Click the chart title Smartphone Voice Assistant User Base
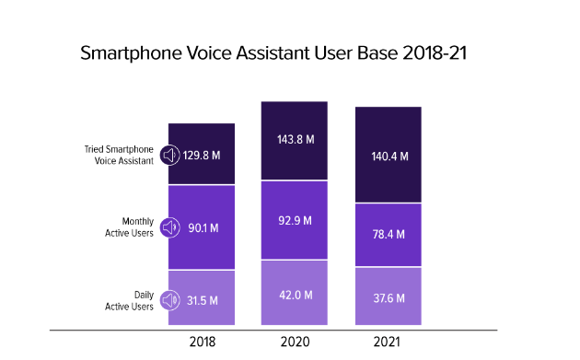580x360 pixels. [x=273, y=52]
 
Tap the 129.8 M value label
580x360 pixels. [x=202, y=156]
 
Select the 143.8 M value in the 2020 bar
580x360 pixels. [x=296, y=139]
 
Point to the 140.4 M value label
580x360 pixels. [x=389, y=157]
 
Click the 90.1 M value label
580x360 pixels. [x=203, y=228]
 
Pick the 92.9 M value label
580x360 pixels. [x=296, y=221]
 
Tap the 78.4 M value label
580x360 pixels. [x=389, y=234]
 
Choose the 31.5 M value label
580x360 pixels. [x=202, y=300]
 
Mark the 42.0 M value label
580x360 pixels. [x=296, y=296]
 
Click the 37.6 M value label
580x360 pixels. [x=389, y=298]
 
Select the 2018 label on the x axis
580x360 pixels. [x=203, y=342]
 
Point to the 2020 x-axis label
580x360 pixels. [x=295, y=342]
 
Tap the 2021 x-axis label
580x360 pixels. [x=387, y=342]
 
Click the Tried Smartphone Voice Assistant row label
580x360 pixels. [x=119, y=155]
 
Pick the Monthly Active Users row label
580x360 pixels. [x=129, y=227]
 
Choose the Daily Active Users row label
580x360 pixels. [x=129, y=301]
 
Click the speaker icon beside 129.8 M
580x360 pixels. [x=169, y=155]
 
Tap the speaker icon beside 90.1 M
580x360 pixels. [x=169, y=227]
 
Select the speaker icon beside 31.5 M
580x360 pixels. [x=169, y=300]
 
